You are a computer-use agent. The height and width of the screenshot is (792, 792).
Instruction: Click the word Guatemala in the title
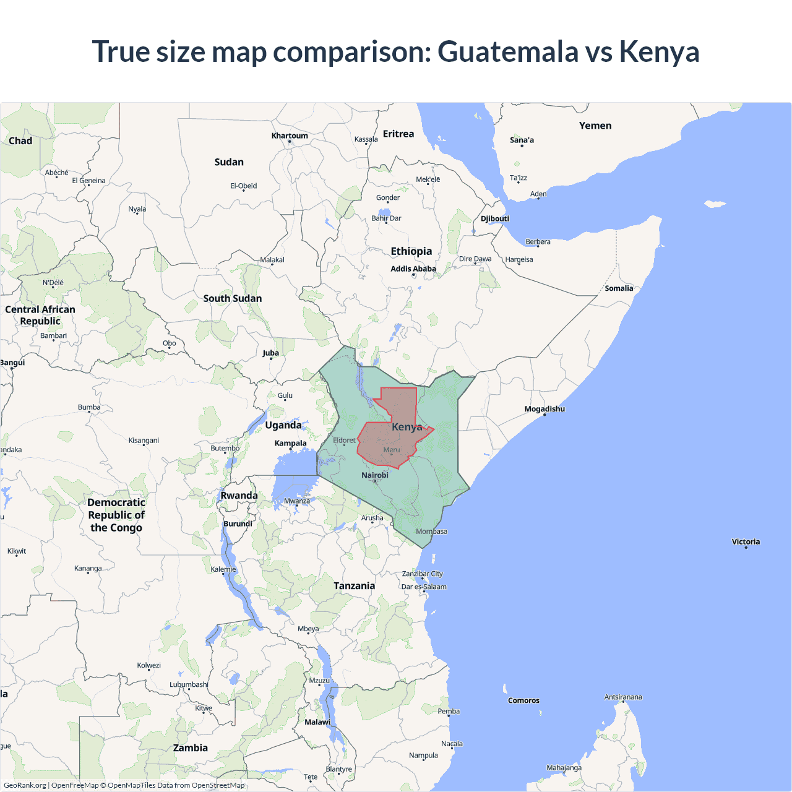(x=507, y=51)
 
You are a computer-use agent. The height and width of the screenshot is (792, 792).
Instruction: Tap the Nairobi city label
(x=375, y=475)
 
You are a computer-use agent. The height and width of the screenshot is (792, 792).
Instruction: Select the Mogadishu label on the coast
(x=544, y=409)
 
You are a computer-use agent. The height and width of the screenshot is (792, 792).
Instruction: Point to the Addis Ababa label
(x=413, y=269)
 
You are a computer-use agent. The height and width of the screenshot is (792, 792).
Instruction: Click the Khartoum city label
(x=290, y=136)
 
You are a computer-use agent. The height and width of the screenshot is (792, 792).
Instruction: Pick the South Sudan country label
(x=233, y=298)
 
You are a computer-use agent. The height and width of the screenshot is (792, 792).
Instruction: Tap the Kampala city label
(x=291, y=443)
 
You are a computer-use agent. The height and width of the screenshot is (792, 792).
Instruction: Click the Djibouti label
(x=495, y=218)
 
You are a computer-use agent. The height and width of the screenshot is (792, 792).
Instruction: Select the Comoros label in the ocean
(x=523, y=700)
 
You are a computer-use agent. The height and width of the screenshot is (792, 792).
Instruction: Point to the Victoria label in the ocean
(x=746, y=541)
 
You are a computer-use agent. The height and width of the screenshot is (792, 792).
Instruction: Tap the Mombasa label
(x=431, y=532)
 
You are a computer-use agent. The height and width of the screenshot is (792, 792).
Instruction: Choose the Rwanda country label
(x=239, y=496)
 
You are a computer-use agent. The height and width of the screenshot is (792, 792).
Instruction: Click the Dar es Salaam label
(x=424, y=587)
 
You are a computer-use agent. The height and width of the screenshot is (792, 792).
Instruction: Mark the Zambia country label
(x=191, y=747)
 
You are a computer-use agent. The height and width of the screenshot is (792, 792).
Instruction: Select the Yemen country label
(x=595, y=126)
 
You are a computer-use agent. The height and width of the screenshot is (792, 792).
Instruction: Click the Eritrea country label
(x=398, y=134)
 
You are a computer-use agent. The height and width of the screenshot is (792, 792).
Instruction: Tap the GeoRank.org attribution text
(x=25, y=785)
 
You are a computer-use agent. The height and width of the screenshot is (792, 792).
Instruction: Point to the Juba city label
(x=270, y=353)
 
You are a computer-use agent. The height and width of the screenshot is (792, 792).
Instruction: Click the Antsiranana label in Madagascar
(x=623, y=697)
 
